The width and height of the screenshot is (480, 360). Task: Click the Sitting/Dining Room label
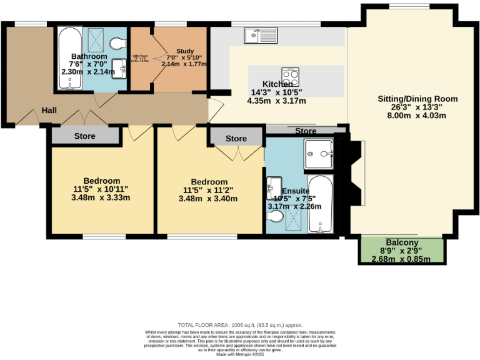(417, 99)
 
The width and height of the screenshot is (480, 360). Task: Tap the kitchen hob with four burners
(290, 77)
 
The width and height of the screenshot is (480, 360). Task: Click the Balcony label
(402, 243)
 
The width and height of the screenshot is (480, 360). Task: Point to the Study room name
(185, 51)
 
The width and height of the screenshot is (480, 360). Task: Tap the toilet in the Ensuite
(275, 216)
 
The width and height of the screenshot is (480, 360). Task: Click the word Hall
(49, 111)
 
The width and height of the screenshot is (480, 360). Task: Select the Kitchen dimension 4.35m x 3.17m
(276, 101)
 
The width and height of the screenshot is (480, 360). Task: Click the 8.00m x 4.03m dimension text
(417, 115)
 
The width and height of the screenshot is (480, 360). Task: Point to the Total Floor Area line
(240, 325)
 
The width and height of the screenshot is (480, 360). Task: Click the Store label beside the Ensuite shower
(306, 131)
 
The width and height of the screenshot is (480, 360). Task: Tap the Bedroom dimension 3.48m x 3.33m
(101, 198)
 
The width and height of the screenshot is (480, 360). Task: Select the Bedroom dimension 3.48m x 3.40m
(208, 199)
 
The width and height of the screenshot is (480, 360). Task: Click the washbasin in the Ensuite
(274, 186)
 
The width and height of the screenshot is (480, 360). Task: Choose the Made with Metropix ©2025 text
(240, 354)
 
